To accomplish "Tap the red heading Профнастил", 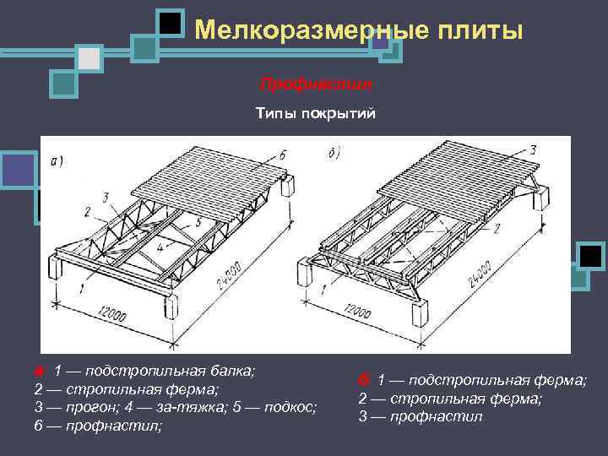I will tap(316, 85).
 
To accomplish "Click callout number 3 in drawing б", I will tap(533, 149).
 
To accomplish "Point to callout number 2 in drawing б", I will tap(497, 228).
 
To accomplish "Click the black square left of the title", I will tap(171, 23).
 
